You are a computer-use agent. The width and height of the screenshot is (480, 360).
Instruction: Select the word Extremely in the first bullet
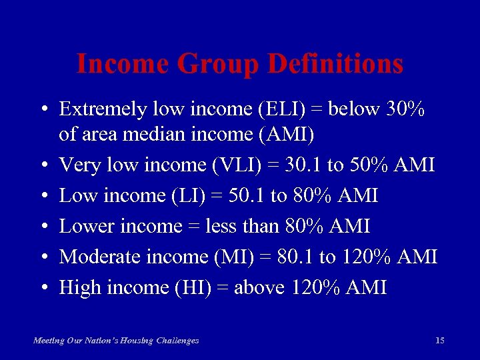101,109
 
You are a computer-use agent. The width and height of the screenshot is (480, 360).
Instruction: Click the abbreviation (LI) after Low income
207,195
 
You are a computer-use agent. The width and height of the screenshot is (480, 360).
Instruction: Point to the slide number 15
439,341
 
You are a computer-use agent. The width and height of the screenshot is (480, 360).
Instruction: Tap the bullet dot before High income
42,288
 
